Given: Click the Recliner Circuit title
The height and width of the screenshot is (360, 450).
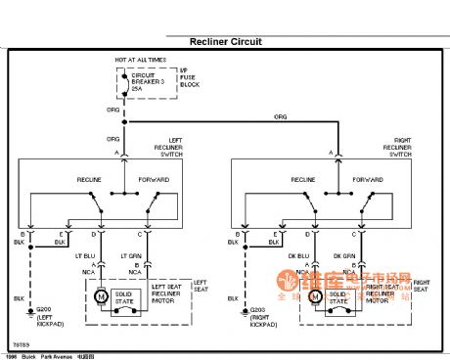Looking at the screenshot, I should click(225, 42).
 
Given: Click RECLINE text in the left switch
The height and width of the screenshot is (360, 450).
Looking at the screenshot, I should click(91, 181).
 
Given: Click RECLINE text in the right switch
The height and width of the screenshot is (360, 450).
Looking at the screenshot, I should click(302, 181).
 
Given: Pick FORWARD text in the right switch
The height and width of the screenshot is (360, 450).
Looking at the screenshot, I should click(368, 181).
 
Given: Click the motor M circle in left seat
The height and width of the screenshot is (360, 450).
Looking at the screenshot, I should click(99, 295).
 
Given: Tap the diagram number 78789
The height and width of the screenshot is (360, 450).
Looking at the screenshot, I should click(19, 343).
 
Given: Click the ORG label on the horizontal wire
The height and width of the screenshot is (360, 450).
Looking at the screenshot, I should click(280, 116).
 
